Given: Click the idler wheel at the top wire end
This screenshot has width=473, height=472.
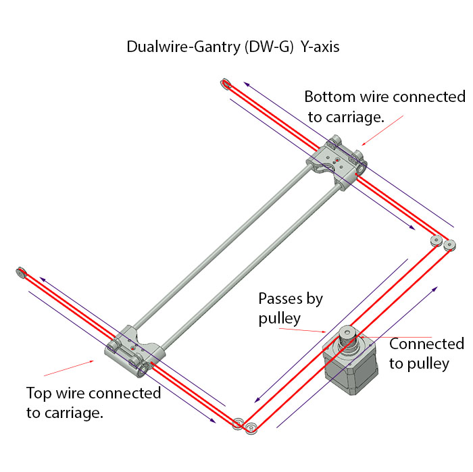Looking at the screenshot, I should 226,84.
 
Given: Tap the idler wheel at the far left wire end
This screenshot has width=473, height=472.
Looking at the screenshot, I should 20,273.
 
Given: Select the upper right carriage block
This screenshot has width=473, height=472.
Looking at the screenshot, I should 338,162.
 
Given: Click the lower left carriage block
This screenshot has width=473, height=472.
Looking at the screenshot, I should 135,351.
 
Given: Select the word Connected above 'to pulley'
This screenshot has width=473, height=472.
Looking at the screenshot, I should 427,344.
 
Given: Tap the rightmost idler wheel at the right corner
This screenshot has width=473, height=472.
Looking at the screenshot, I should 450,244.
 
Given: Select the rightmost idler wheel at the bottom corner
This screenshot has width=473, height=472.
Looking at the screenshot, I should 251,428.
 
